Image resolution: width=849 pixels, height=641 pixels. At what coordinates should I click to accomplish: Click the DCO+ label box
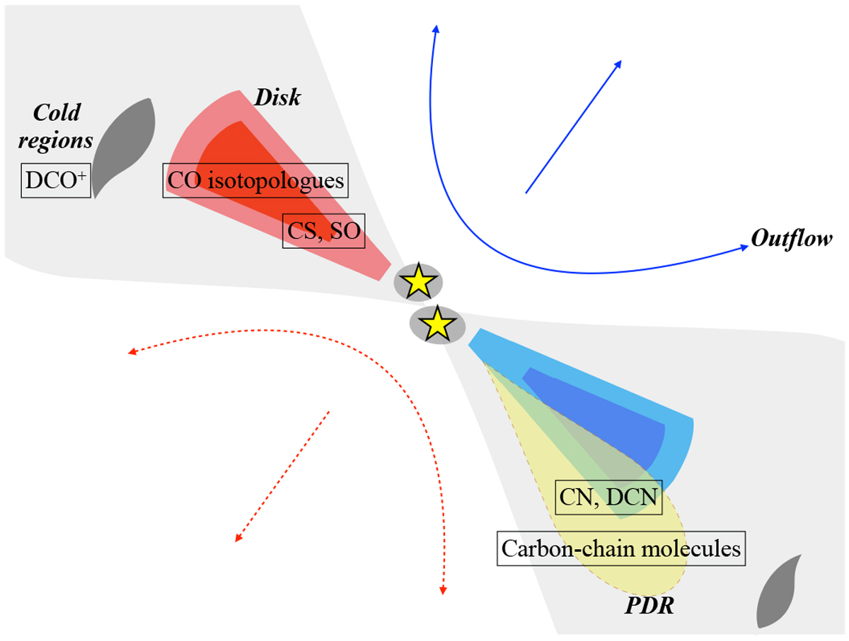pos(56,183)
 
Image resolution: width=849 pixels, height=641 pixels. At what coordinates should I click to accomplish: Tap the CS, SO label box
pos(323,231)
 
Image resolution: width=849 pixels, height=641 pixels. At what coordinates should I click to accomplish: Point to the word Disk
pos(279,98)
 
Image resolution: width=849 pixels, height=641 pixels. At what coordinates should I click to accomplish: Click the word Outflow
pos(792,239)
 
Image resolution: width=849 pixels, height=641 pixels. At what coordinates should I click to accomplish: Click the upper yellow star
pos(418,282)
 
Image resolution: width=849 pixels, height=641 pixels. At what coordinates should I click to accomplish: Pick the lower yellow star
pos(438,324)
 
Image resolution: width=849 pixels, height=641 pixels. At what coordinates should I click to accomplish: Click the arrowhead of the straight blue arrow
pos(618,63)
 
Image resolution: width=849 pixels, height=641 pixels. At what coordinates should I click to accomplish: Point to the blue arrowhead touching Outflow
pos(744,247)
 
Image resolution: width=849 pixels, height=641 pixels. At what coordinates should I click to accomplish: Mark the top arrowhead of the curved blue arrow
pos(436,28)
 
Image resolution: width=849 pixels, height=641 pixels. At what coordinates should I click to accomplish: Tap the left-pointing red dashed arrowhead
pos(131,351)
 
